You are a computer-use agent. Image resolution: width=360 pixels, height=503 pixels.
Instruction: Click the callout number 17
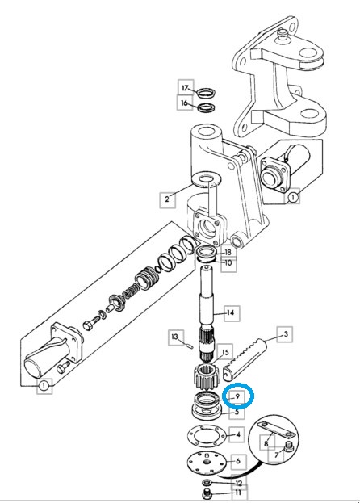pyautogui.click(x=186, y=87)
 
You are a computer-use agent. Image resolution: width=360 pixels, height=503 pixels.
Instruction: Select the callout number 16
pyautogui.click(x=184, y=103)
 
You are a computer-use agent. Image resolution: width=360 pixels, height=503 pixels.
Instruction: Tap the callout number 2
pyautogui.click(x=167, y=199)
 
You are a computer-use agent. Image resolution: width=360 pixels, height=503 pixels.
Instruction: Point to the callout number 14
pyautogui.click(x=231, y=312)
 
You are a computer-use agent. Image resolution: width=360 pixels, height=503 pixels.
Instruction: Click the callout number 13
pyautogui.click(x=174, y=337)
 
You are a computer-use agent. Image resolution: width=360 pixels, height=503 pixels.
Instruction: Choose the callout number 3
pyautogui.click(x=286, y=334)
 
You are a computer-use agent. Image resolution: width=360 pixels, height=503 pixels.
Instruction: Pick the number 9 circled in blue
pyautogui.click(x=237, y=396)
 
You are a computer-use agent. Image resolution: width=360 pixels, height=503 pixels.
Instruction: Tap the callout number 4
pyautogui.click(x=238, y=434)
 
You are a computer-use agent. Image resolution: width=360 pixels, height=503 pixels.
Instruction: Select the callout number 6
pyautogui.click(x=238, y=461)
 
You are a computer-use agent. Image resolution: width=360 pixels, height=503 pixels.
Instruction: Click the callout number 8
pyautogui.click(x=266, y=444)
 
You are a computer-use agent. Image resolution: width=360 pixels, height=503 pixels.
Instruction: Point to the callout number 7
pyautogui.click(x=277, y=455)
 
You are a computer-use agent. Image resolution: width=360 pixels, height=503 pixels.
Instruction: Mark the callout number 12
pyautogui.click(x=238, y=483)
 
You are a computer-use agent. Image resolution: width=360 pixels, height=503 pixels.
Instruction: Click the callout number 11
pyautogui.click(x=238, y=493)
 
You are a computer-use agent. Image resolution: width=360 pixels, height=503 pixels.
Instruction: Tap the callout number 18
pyautogui.click(x=228, y=253)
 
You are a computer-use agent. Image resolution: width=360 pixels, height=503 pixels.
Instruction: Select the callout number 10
pyautogui.click(x=228, y=263)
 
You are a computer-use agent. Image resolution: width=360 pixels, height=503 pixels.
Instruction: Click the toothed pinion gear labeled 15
pyautogui.click(x=207, y=377)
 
